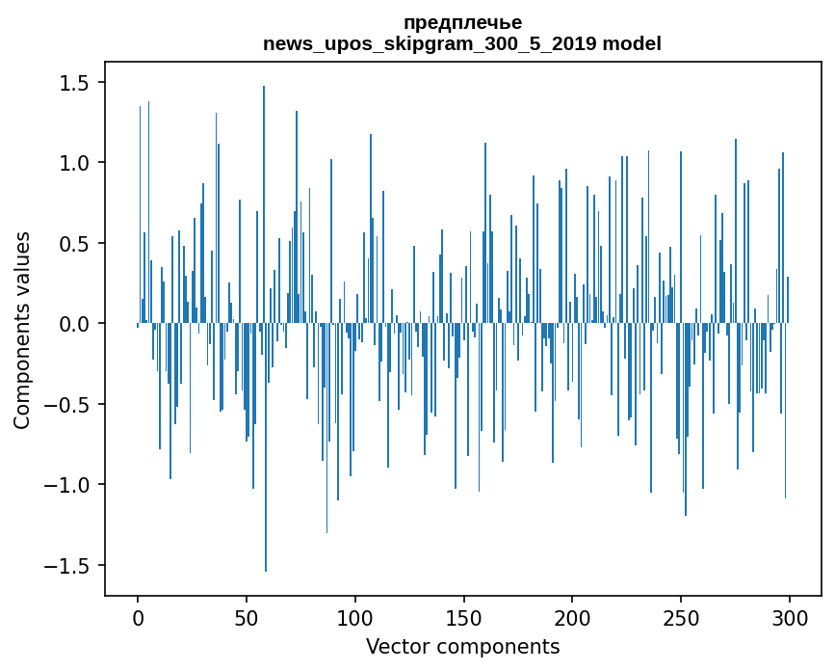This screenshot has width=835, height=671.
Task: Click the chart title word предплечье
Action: pos(462,22)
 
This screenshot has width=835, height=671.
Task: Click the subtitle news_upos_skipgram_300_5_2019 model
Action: pos(462,43)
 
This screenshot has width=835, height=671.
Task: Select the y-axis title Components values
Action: pos(22,330)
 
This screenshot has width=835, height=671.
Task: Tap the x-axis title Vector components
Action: pos(462,646)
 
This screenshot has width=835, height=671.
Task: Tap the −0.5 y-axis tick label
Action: pos(70,405)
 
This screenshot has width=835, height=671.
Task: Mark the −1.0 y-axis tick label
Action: pos(70,485)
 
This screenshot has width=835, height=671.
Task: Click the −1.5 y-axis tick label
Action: pos(70,565)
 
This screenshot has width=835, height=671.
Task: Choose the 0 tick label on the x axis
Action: pos(138,617)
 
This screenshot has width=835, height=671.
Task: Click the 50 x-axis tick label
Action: pos(247,617)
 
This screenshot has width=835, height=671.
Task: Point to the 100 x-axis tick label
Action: pos(355,617)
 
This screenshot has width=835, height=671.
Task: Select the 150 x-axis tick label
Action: pos(463,617)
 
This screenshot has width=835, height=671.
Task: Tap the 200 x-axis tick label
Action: pos(572,617)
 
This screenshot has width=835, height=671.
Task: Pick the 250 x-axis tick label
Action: pos(681,617)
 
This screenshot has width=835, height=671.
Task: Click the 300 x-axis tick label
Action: pos(790,617)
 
